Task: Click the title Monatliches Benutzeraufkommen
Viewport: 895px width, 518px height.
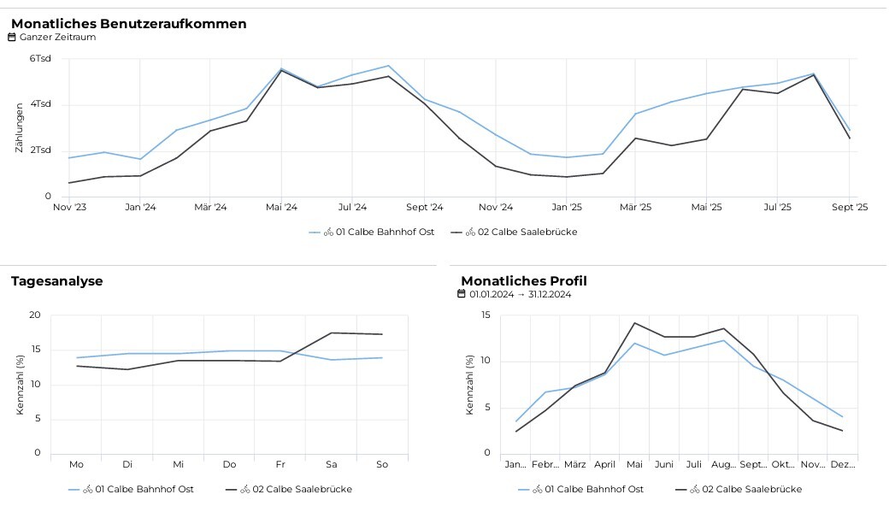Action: (x=128, y=24)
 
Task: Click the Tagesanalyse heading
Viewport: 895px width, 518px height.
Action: (x=56, y=281)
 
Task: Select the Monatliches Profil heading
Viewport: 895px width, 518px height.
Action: (x=523, y=281)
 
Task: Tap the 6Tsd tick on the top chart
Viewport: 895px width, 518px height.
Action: (x=40, y=59)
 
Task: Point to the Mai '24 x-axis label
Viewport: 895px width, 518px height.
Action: (x=281, y=207)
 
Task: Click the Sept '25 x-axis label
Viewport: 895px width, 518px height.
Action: (x=850, y=207)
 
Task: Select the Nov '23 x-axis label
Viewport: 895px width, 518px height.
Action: (x=69, y=207)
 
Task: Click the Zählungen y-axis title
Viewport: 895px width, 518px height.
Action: (x=19, y=128)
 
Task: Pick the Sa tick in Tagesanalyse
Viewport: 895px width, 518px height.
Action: (x=331, y=464)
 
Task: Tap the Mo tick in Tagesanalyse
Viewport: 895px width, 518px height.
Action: (x=77, y=464)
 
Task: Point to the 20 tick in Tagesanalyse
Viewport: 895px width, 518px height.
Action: (x=35, y=315)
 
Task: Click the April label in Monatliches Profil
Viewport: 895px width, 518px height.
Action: (x=604, y=464)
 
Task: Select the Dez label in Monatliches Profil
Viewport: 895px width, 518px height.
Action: (x=842, y=464)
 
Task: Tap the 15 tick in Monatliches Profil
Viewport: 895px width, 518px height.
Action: (x=485, y=315)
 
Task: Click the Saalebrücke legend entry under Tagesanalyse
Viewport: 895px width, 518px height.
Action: (x=296, y=489)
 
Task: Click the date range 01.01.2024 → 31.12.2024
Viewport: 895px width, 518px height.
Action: (x=520, y=295)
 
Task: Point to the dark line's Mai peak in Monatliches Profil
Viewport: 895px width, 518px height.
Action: (x=634, y=323)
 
